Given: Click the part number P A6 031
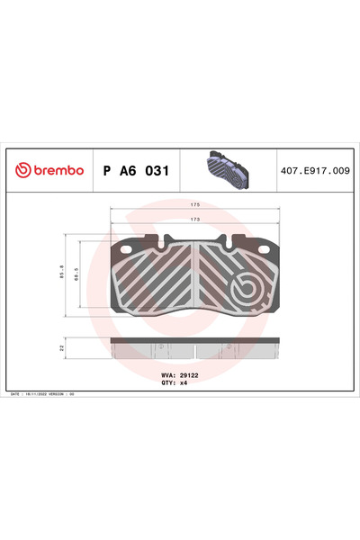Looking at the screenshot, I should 135,169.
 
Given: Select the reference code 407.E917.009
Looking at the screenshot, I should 314,169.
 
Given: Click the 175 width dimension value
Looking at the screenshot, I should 194,205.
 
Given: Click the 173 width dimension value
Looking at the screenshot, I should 194,220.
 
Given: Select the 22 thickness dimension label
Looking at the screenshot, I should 61,346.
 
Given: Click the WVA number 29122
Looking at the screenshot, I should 189,374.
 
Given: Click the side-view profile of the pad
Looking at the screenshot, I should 194,347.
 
